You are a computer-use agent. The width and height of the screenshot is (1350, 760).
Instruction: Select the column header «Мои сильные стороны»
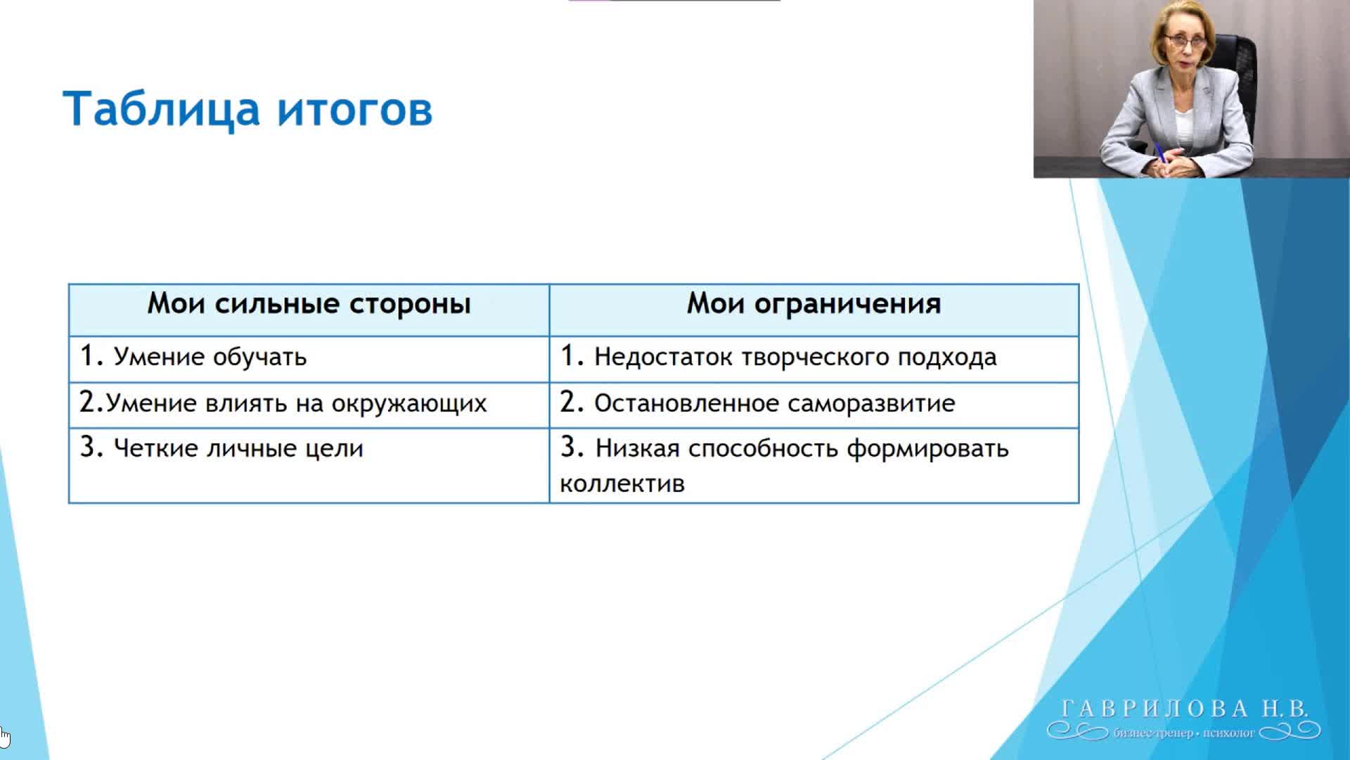309,304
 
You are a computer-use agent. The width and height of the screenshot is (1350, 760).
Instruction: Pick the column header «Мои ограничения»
814,304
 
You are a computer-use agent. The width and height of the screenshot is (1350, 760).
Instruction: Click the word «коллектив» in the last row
622,484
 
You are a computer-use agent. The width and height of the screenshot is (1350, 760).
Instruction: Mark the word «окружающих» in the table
409,404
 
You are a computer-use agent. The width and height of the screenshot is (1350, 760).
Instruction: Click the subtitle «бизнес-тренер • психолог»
1184,733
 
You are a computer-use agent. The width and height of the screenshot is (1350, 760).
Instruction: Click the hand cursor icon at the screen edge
4,737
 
